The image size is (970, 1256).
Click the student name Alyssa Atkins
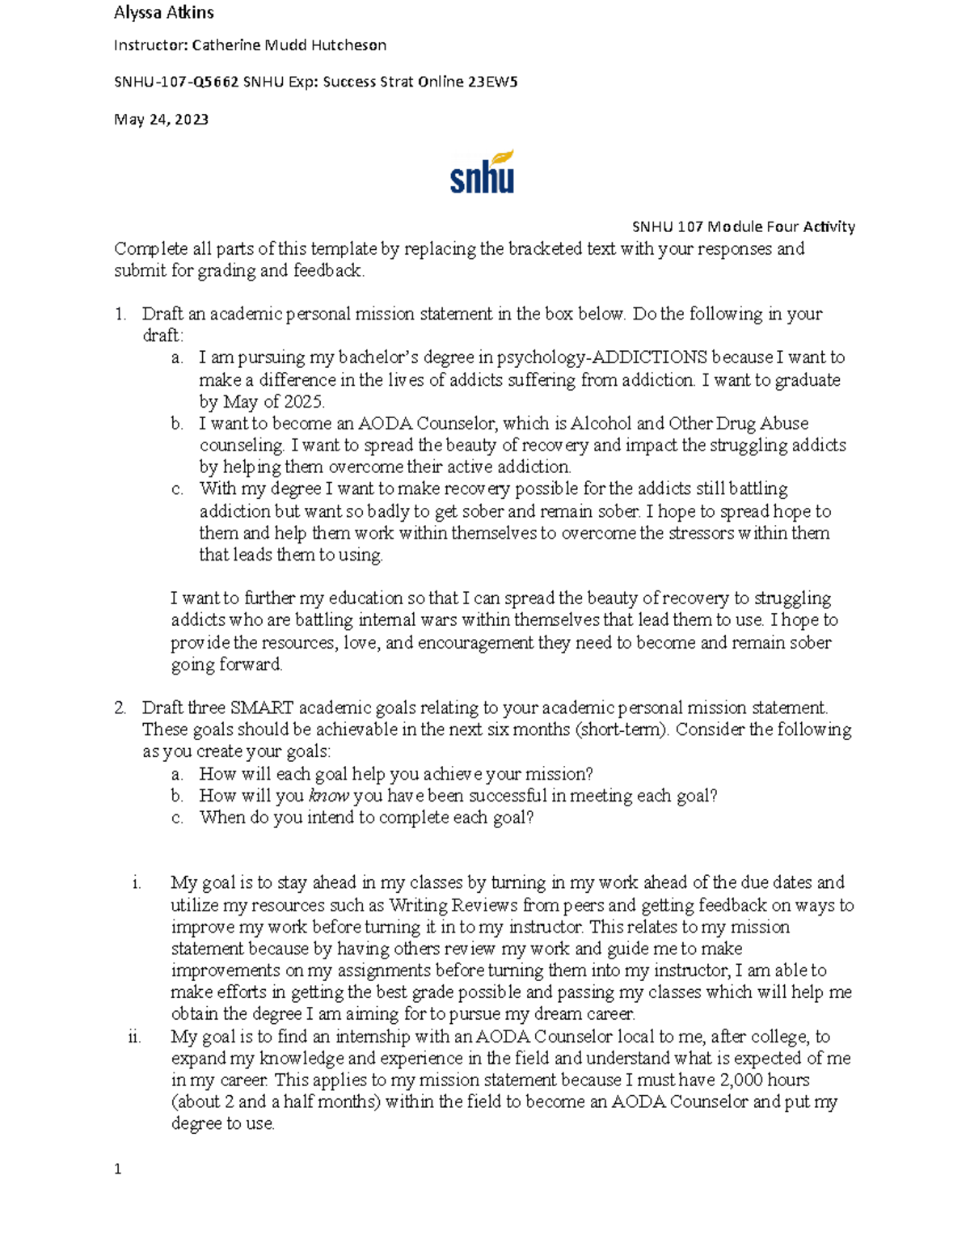coord(163,12)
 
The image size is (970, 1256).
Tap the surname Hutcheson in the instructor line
coord(348,45)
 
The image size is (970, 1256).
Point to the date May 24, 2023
coord(161,120)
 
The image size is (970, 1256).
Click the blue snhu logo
coord(482,178)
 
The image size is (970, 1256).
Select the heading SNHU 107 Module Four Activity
coord(743,226)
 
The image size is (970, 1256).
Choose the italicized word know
coord(328,796)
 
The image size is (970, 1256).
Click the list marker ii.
coord(134,1037)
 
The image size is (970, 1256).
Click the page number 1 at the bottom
coord(118,1169)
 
